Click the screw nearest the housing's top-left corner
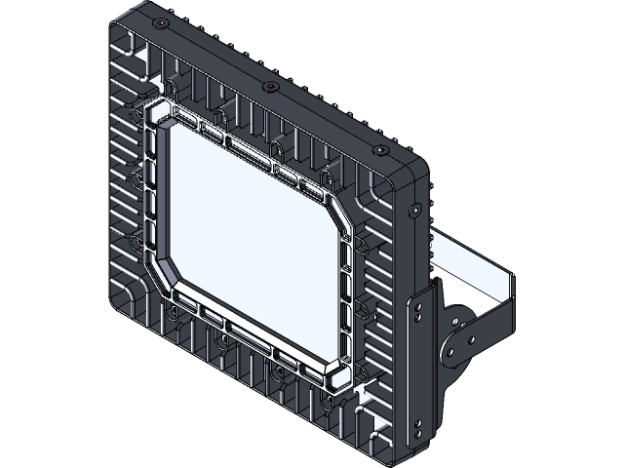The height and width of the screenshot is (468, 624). click(157, 20)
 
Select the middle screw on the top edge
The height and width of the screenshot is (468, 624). click(270, 87)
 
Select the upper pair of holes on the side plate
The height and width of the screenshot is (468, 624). click(420, 307)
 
